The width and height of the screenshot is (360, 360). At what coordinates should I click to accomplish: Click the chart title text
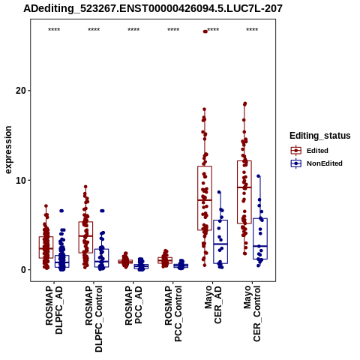(153, 8)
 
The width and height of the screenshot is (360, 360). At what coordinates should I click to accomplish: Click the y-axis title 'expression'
(8, 150)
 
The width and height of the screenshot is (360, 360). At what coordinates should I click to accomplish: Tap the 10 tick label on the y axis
(21, 180)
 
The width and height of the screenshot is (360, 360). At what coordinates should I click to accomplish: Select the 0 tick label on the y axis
(23, 270)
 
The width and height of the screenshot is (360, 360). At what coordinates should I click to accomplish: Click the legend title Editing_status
(320, 136)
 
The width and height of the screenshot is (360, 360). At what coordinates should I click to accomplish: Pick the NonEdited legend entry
(316, 163)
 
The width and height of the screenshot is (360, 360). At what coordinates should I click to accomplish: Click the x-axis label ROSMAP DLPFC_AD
(54, 310)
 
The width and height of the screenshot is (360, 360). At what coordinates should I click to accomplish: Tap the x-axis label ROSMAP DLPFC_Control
(94, 319)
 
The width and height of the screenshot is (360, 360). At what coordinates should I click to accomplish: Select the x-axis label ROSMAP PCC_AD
(133, 305)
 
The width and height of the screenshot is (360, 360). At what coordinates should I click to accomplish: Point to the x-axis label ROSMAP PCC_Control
(173, 314)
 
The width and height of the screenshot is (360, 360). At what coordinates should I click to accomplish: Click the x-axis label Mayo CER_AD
(213, 304)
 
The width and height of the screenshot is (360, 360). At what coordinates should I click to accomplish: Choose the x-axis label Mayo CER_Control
(252, 313)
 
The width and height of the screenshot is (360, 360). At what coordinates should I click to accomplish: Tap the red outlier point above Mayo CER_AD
(205, 31)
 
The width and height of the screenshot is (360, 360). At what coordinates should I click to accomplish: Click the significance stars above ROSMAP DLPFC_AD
(54, 30)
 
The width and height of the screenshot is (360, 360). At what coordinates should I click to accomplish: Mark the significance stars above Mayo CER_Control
(252, 30)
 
